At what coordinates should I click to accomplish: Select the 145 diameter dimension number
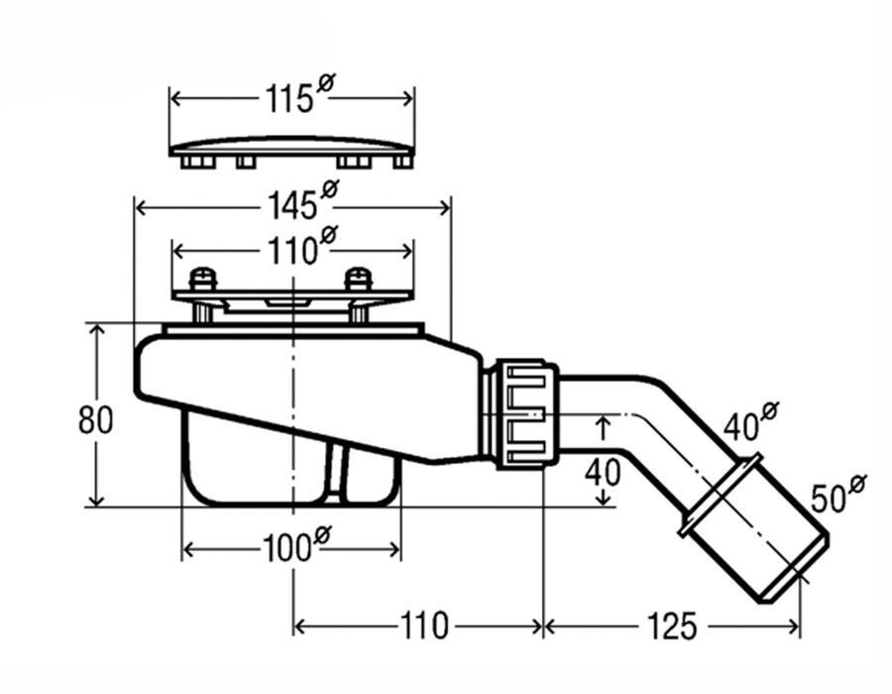[291, 206]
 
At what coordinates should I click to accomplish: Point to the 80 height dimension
[96, 419]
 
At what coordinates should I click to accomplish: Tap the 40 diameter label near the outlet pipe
[745, 426]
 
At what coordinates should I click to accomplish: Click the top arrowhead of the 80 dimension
[97, 328]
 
